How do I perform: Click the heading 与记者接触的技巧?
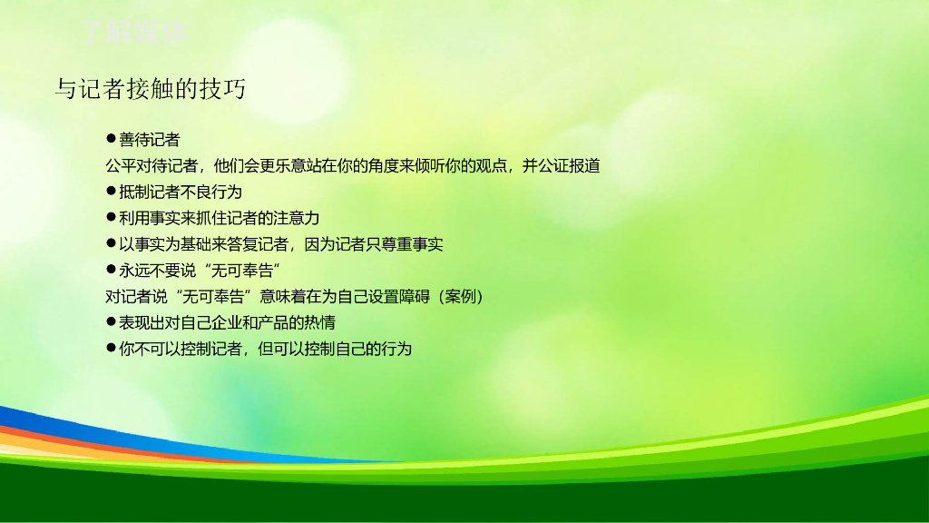click(x=150, y=89)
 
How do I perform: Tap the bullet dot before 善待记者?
click(x=111, y=139)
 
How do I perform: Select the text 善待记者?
click(x=150, y=140)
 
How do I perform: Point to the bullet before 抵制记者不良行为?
click(x=111, y=192)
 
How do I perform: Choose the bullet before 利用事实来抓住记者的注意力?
click(x=111, y=218)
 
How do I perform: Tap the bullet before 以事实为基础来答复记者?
click(x=111, y=244)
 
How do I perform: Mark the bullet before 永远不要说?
click(x=111, y=270)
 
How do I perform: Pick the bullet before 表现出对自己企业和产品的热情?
click(x=111, y=322)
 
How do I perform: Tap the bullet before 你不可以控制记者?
click(x=111, y=348)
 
